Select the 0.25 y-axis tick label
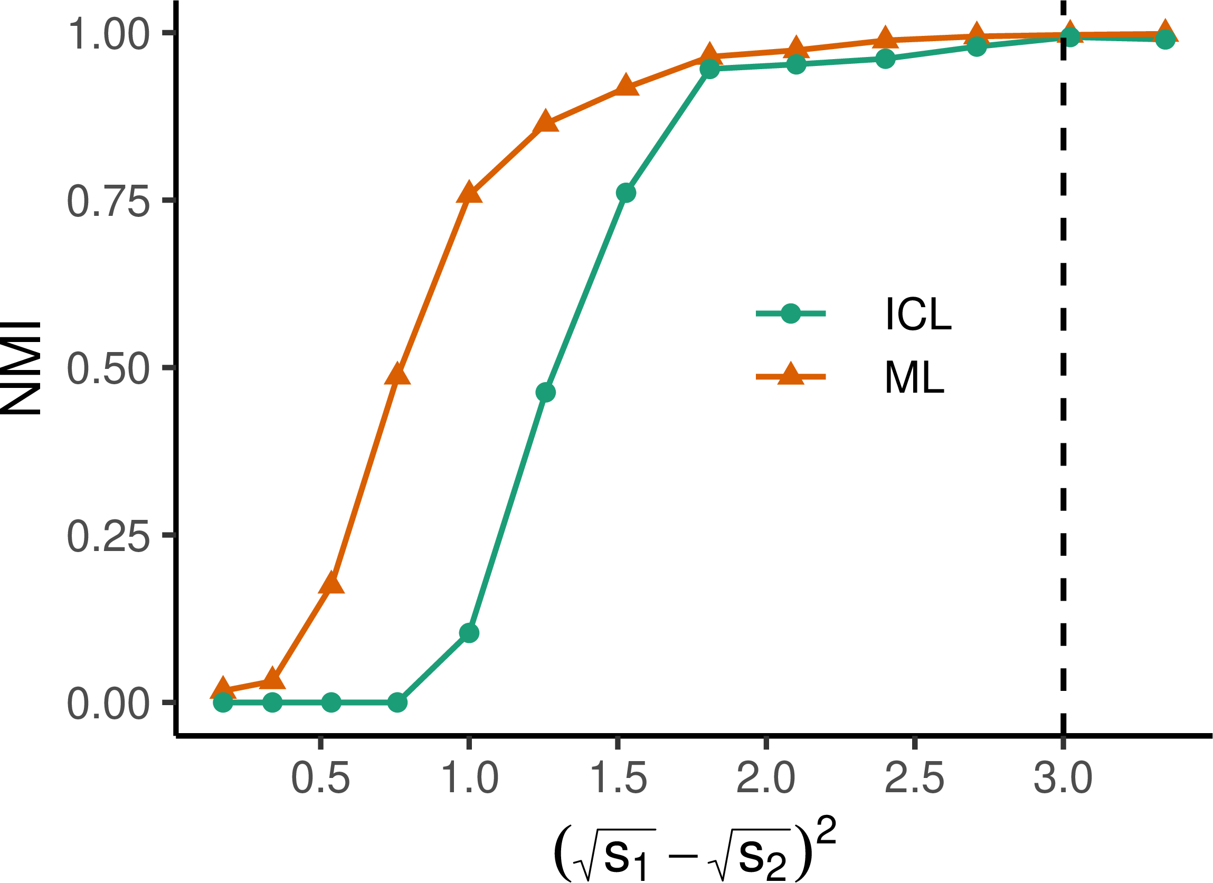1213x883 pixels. pyautogui.click(x=108, y=536)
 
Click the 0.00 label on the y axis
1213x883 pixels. pyautogui.click(x=108, y=704)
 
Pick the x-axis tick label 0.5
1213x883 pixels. pyautogui.click(x=320, y=778)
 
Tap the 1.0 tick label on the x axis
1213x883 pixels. pyautogui.click(x=469, y=778)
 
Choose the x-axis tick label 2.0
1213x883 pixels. pyautogui.click(x=766, y=778)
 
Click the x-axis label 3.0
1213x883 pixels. pyautogui.click(x=1063, y=778)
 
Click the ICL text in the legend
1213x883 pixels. pyautogui.click(x=918, y=314)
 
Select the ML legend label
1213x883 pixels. pyautogui.click(x=914, y=377)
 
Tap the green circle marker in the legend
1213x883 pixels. pyautogui.click(x=791, y=314)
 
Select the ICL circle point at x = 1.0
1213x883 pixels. pyautogui.click(x=469, y=633)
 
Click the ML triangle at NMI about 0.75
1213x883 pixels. pyautogui.click(x=469, y=193)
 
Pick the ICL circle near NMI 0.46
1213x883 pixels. pyautogui.click(x=545, y=393)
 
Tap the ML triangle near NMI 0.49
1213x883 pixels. pyautogui.click(x=397, y=374)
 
